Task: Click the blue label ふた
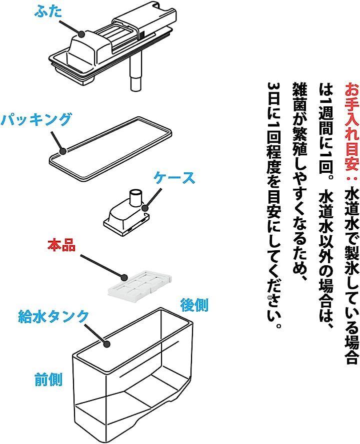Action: tap(48, 12)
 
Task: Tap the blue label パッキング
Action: tap(35, 119)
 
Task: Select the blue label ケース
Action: tap(174, 178)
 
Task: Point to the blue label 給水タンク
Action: tap(53, 316)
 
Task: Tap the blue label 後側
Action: tap(194, 305)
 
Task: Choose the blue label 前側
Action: tap(48, 380)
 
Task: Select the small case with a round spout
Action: tap(126, 213)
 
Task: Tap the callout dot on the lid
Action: tap(81, 34)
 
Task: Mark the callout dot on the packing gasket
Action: tap(63, 151)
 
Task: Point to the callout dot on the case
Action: tap(145, 208)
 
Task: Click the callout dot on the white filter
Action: tap(123, 277)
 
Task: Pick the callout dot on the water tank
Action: tap(106, 344)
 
